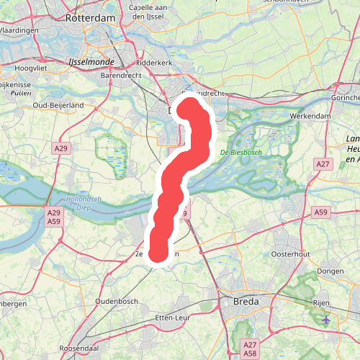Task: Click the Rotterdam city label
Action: (x=91, y=17)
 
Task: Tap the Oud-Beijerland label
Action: (x=59, y=105)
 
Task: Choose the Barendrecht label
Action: (x=120, y=74)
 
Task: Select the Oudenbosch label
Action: (x=116, y=300)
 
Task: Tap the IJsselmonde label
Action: (x=86, y=63)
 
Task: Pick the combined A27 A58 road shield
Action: (x=251, y=349)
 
